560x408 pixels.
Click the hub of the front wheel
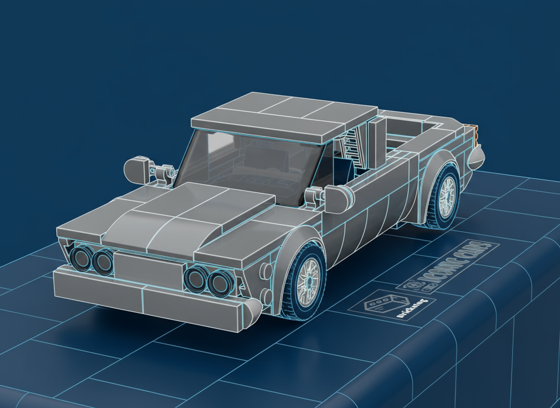tap(309, 280)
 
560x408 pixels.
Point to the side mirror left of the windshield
tap(136, 169)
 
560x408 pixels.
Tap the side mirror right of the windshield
tap(337, 198)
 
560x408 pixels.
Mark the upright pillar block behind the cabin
tap(377, 142)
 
